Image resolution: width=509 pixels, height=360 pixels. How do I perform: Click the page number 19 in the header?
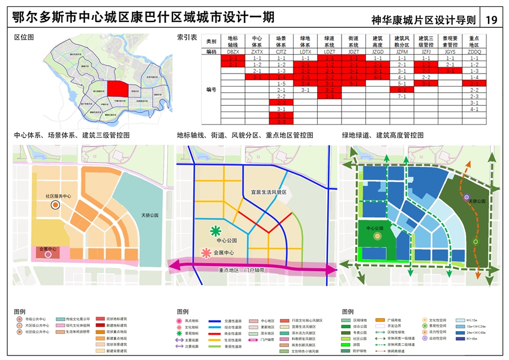point(491,20)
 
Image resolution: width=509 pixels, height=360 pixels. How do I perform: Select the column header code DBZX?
point(233,52)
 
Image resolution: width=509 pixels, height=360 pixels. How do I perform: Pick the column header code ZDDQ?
point(474,52)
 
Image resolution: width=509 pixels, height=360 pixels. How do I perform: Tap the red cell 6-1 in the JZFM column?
point(402,89)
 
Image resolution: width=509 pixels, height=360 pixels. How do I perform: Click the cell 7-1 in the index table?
point(402,96)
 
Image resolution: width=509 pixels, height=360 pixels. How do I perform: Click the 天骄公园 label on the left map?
point(150,215)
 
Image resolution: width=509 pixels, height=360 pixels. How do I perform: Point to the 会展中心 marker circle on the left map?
point(48,255)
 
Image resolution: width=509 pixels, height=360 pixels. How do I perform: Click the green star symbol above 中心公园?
point(215,231)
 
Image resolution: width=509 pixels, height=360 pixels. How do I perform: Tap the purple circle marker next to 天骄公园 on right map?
point(467,198)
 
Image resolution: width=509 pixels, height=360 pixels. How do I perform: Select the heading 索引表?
point(187,38)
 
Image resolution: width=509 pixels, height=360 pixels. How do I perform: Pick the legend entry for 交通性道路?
point(226,320)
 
